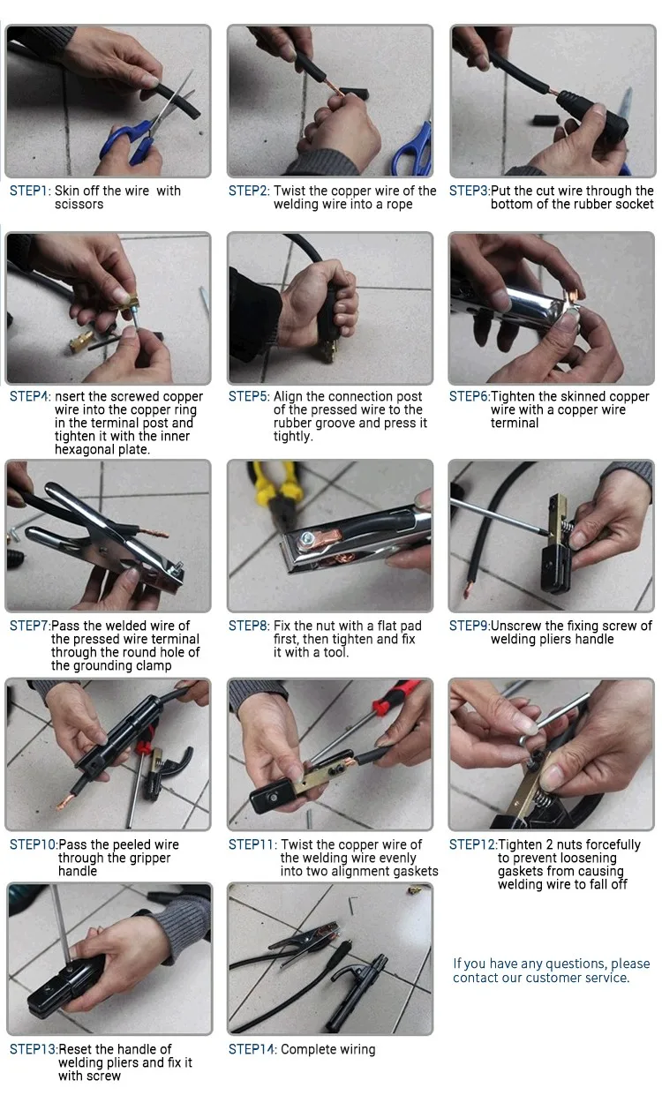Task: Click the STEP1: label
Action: coord(30,191)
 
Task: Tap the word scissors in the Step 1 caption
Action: coord(79,205)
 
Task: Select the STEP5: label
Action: coord(249,396)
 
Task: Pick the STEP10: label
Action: coord(34,844)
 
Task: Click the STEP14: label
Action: coord(252,1049)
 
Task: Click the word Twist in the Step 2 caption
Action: coord(290,191)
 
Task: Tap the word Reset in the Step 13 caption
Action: coord(75,1049)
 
